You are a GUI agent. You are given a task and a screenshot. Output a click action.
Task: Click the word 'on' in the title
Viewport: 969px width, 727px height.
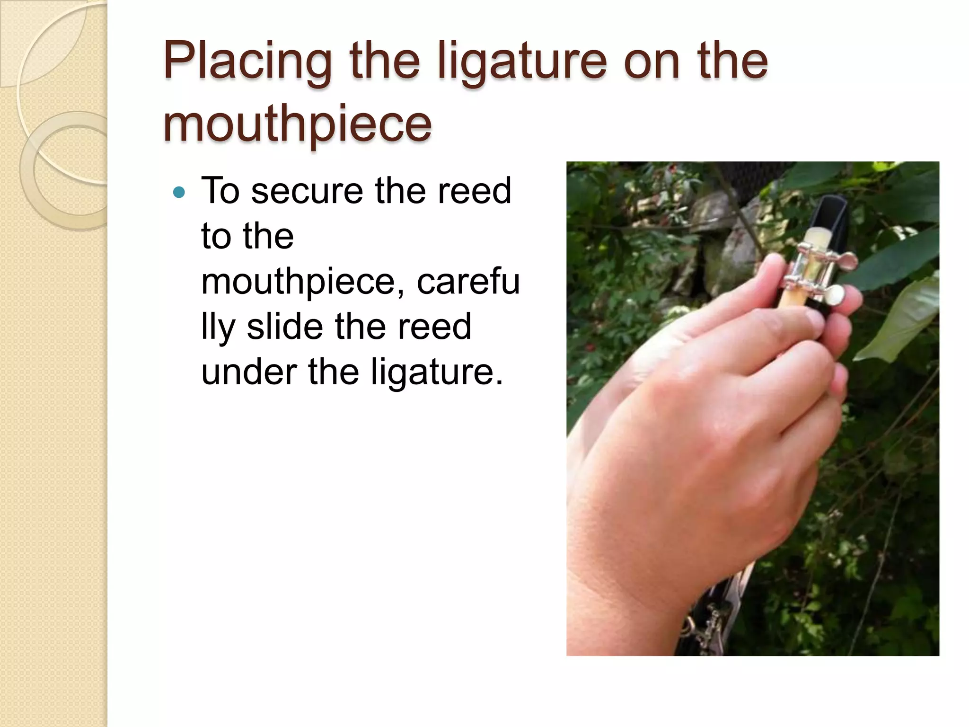pos(651,62)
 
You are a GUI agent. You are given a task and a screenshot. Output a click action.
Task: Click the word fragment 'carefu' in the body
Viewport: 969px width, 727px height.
pos(468,281)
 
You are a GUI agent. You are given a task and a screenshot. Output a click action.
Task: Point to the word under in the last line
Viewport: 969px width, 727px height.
pos(249,372)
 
